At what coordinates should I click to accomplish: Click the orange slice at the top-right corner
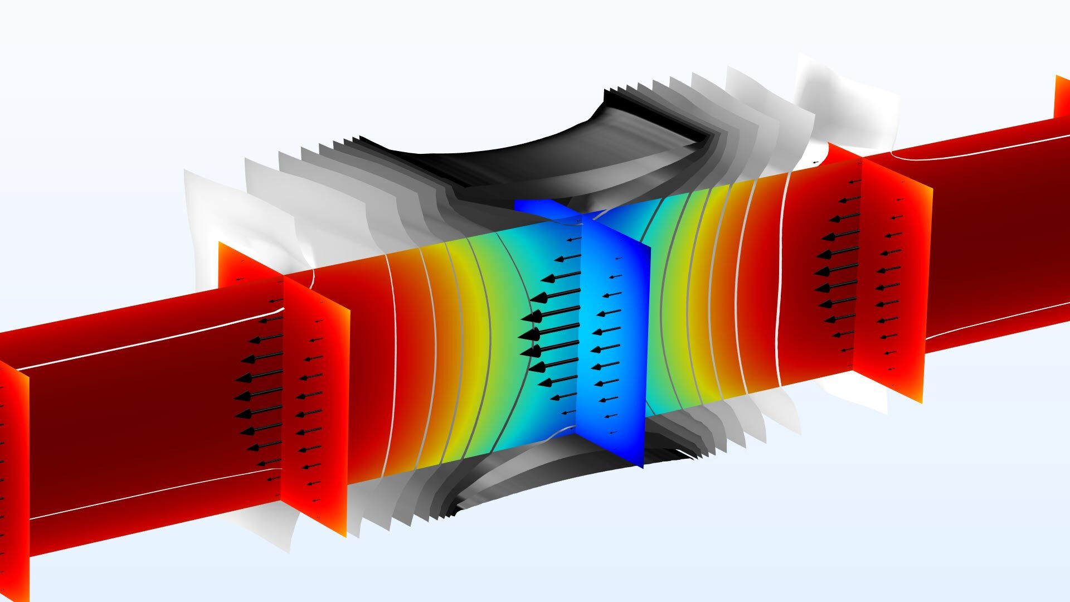tap(1062, 98)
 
